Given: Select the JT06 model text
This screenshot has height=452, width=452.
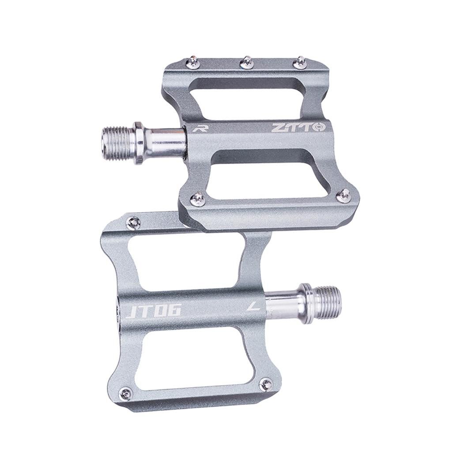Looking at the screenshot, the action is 154,311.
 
